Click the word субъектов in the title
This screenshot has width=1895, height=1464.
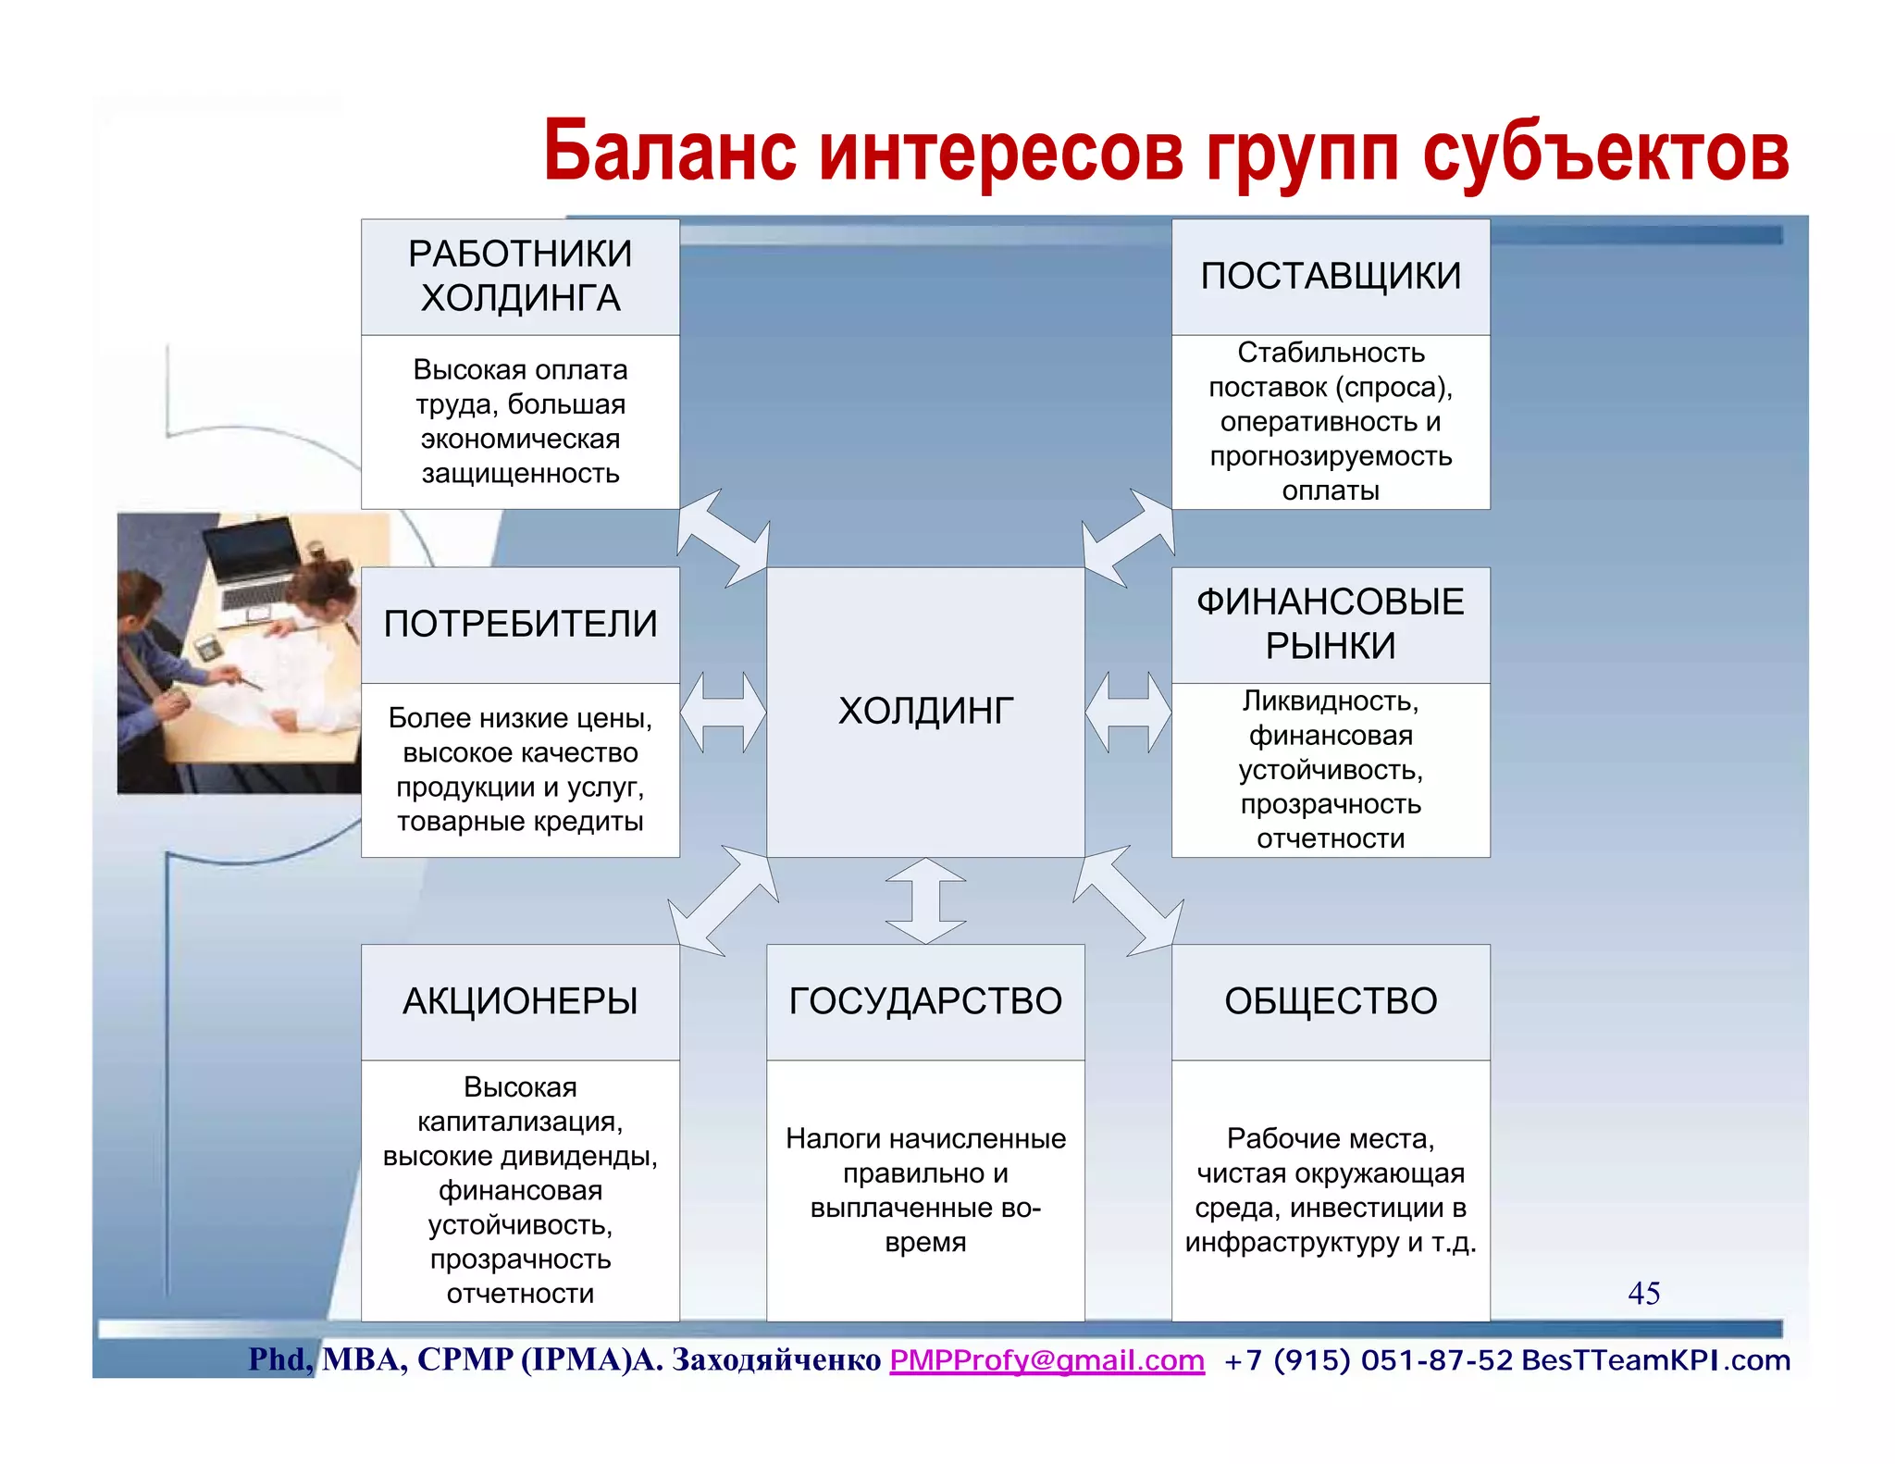click(x=1604, y=153)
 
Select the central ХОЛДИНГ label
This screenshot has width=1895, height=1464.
click(x=925, y=711)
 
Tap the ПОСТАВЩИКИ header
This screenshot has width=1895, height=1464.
click(x=1331, y=276)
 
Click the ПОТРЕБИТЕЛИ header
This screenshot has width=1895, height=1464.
click(x=520, y=624)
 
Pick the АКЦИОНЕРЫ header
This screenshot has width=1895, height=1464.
click(x=520, y=1001)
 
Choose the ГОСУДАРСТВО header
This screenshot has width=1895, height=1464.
click(x=925, y=1001)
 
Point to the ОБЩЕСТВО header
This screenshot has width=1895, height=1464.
click(x=1331, y=1001)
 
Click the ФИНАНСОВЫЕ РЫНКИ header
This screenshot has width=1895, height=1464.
click(x=1331, y=624)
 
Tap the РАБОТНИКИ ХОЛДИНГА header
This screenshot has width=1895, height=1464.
click(x=520, y=276)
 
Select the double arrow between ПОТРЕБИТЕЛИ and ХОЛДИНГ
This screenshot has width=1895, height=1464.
click(x=723, y=713)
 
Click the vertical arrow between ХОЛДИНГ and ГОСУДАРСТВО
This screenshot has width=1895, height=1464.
click(x=925, y=900)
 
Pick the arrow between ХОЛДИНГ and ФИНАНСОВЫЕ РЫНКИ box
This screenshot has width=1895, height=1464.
click(x=1128, y=713)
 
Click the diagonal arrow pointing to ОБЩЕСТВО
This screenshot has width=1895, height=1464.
click(x=1128, y=899)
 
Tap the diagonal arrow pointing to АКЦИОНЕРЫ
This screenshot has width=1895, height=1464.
click(x=723, y=899)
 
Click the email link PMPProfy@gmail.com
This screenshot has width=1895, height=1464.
click(x=1047, y=1360)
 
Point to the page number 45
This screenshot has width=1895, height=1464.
click(x=1643, y=1293)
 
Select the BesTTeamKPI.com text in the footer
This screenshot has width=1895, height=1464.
click(x=1655, y=1360)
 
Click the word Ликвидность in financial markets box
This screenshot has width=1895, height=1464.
click(x=1330, y=701)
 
